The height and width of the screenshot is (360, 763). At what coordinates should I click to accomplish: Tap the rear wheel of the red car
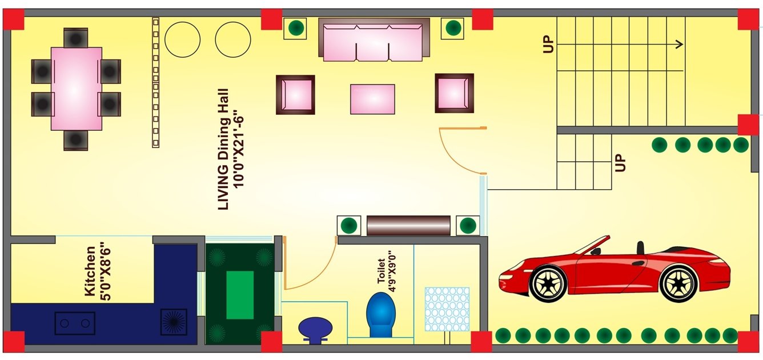678,283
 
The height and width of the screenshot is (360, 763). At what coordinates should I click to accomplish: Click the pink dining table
76,89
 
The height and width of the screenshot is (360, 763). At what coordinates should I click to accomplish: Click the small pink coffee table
372,99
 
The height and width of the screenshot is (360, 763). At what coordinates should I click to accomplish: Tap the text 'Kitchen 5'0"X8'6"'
97,271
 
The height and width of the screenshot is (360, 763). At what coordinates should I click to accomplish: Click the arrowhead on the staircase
680,44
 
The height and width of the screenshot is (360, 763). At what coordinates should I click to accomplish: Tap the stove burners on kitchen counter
75,323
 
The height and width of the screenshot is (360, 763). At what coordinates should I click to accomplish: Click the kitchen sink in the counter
173,322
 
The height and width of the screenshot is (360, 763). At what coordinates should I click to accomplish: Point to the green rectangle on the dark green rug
240,295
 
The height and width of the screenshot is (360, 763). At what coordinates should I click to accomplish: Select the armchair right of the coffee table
454,93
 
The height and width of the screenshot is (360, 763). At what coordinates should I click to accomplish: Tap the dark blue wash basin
315,329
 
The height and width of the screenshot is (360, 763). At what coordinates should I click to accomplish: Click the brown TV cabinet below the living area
408,225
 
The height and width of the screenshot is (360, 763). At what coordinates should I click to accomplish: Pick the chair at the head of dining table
75,37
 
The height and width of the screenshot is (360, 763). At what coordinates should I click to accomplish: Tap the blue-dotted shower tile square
447,309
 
